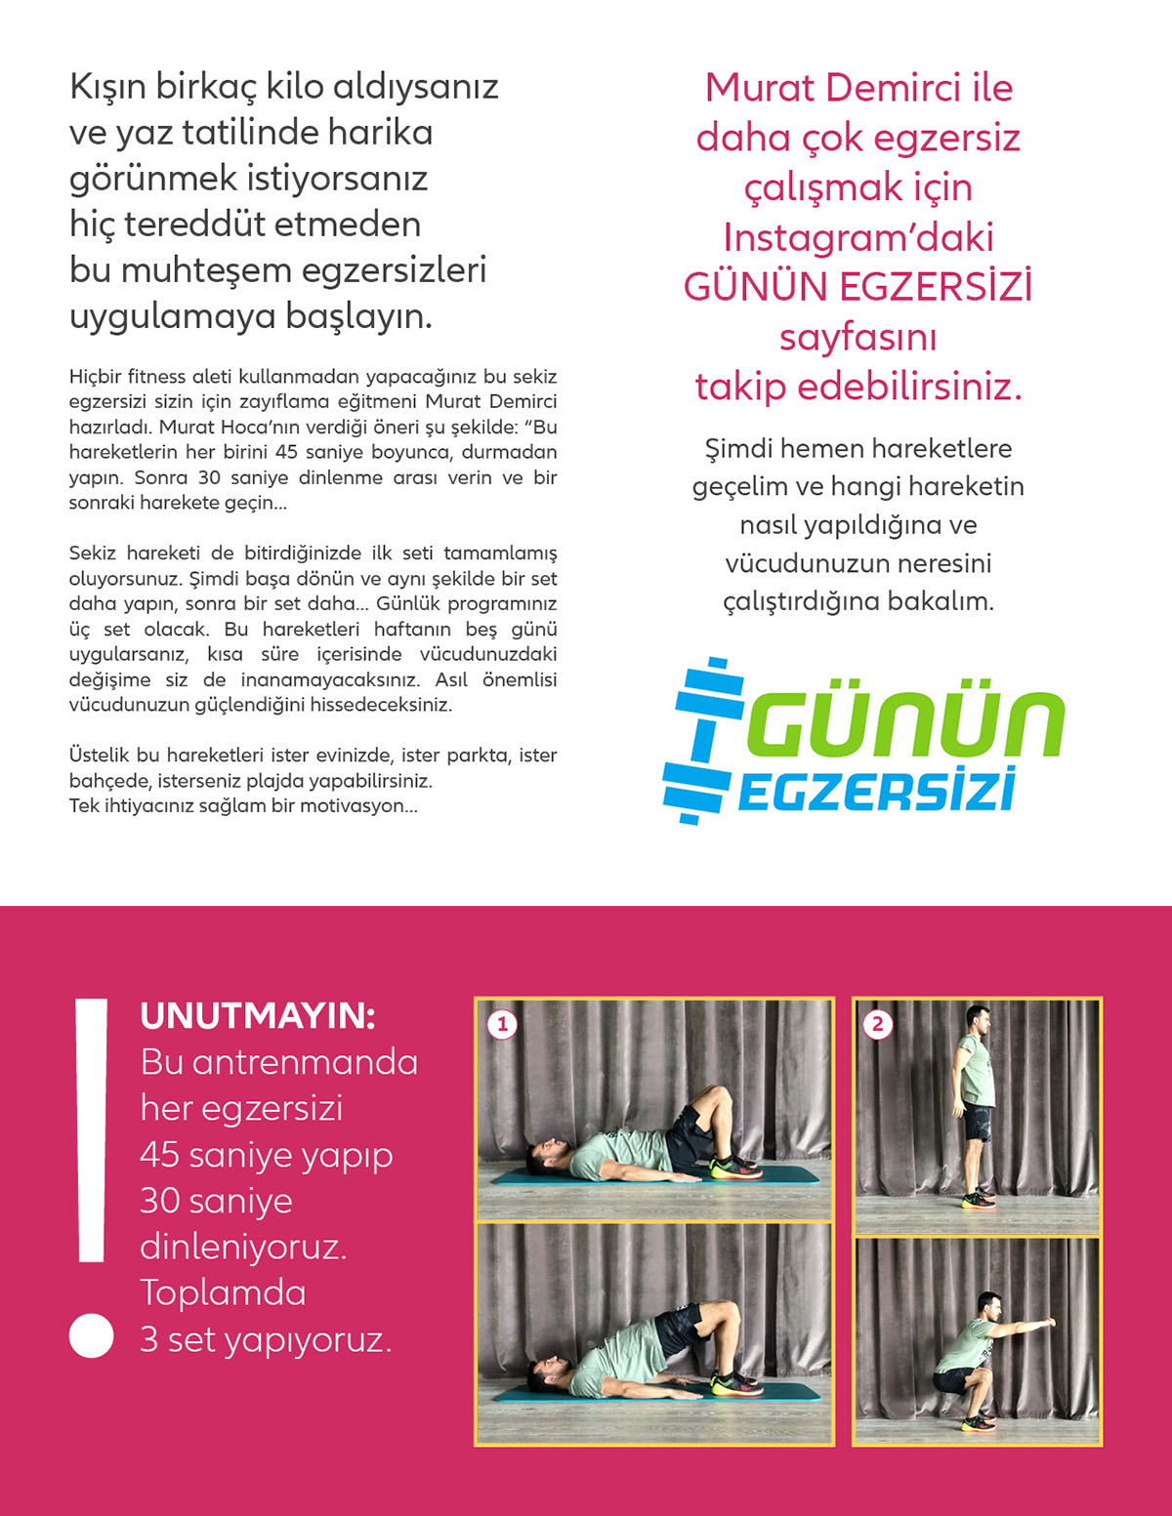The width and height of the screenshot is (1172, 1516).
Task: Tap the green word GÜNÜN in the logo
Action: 906,723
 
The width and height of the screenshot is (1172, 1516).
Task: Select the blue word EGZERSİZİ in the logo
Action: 876,790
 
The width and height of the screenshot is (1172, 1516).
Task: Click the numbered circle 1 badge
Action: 502,1024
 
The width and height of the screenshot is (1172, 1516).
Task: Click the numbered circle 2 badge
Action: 877,1024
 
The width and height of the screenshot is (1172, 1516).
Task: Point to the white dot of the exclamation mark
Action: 92,1335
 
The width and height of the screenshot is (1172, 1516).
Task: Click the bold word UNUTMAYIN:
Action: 258,1016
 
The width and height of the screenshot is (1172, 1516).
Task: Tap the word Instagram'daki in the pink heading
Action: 858,237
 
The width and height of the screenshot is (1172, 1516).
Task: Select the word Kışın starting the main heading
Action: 107,87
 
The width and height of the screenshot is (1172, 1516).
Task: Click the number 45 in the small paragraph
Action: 286,452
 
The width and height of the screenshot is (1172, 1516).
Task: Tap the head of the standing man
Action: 978,1019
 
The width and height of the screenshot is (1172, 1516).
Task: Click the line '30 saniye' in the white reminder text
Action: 216,1201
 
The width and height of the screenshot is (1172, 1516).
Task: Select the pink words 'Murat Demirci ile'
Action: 858,88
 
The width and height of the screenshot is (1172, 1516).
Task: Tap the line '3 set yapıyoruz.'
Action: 266,1339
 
